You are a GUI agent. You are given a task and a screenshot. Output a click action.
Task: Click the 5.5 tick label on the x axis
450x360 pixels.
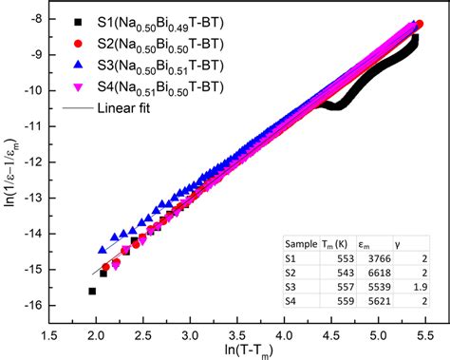click(425, 324)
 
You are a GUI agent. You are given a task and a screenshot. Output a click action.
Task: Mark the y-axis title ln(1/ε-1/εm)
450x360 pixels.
click(13, 161)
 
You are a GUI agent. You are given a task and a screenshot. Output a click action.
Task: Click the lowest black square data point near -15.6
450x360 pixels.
click(92, 291)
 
